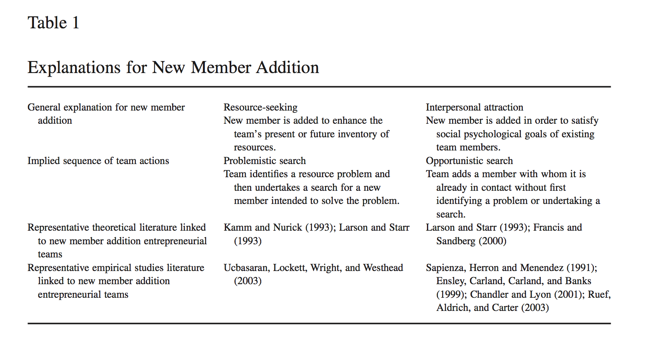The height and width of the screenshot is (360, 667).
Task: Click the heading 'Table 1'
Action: click(x=53, y=23)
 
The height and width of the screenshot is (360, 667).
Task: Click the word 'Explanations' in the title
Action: click(x=74, y=67)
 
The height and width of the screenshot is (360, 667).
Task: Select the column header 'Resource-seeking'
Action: click(x=260, y=107)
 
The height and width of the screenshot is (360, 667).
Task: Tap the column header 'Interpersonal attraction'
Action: click(x=474, y=107)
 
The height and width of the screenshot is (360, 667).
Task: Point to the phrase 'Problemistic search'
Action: click(x=264, y=161)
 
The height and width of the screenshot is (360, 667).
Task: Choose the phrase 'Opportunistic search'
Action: click(x=469, y=161)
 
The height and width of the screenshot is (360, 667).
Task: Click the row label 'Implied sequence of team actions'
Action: click(x=98, y=161)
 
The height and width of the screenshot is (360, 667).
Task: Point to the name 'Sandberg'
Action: click(x=456, y=241)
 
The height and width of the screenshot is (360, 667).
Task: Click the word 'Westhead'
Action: click(x=383, y=268)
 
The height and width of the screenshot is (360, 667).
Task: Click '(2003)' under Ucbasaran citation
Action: click(x=248, y=281)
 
